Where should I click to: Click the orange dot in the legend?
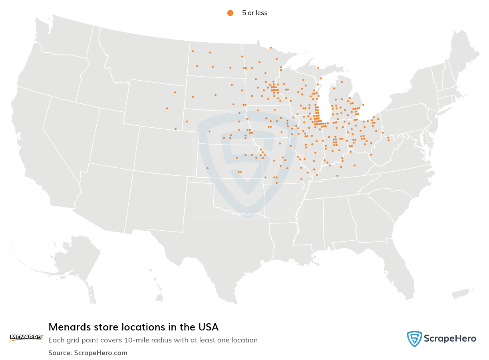pyautogui.click(x=230, y=13)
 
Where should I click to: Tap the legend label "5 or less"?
pyautogui.click(x=254, y=13)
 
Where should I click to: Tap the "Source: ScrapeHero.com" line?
pyautogui.click(x=88, y=353)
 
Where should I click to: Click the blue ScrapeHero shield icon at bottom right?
pyautogui.click(x=414, y=339)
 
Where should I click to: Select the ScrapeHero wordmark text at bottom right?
pyautogui.click(x=450, y=339)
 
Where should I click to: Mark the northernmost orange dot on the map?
pyautogui.click(x=270, y=47)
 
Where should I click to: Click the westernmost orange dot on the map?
pyautogui.click(x=167, y=108)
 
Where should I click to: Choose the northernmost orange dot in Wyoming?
pyautogui.click(x=175, y=92)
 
